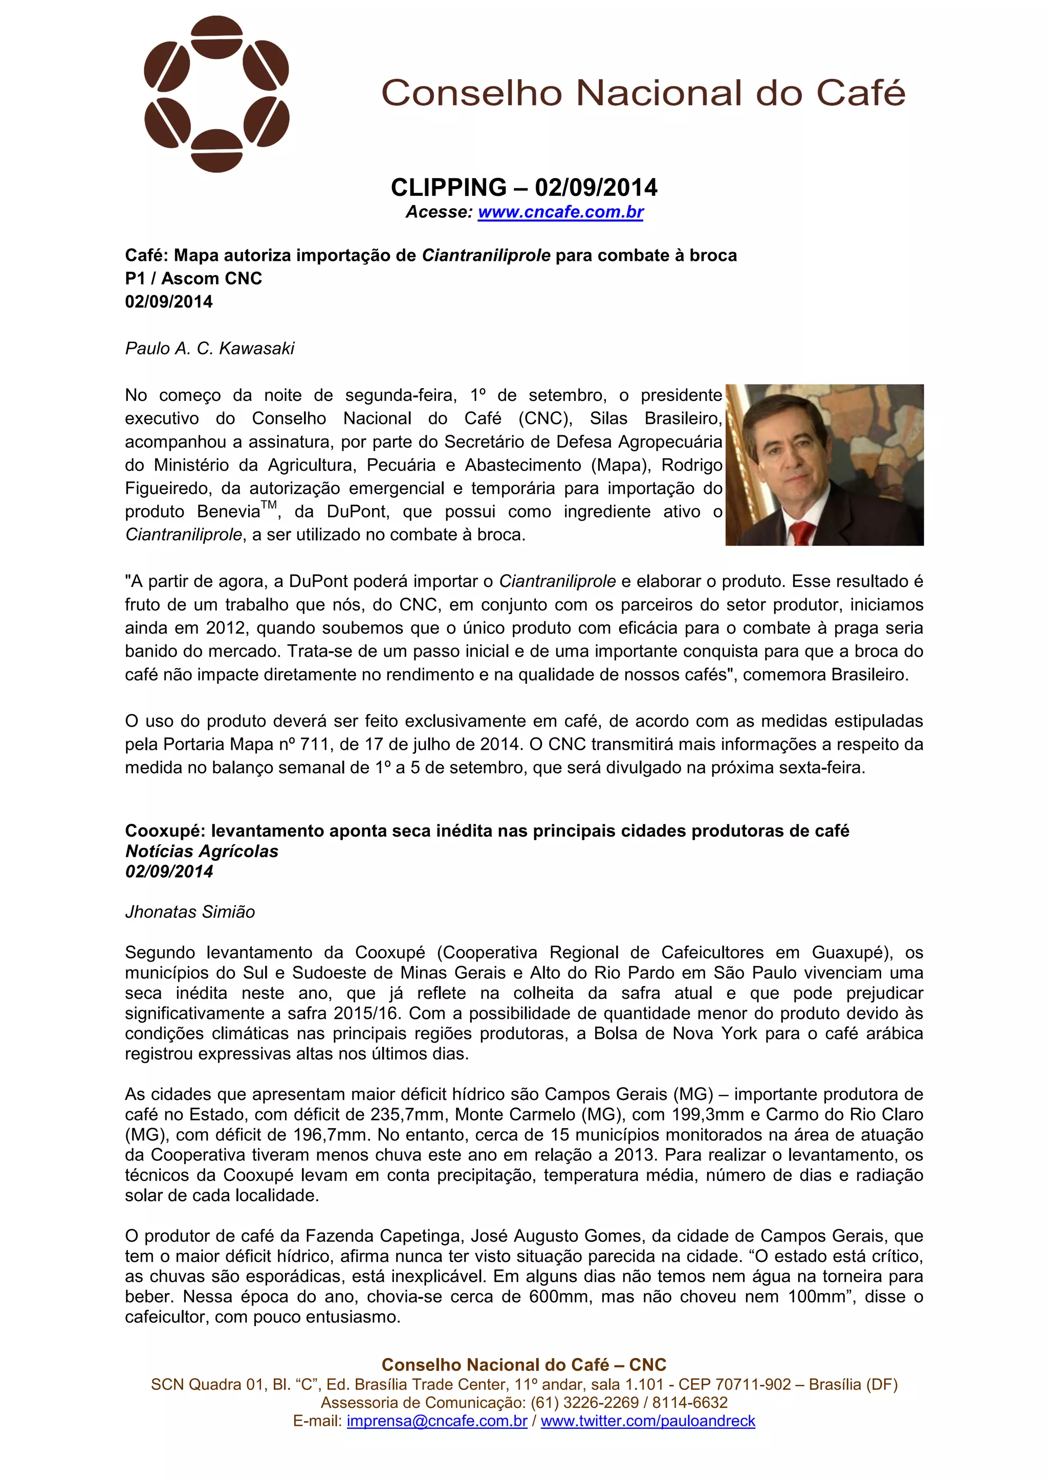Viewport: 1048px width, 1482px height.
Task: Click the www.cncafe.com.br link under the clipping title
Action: point(560,212)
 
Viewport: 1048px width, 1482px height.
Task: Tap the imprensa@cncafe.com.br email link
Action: point(436,1421)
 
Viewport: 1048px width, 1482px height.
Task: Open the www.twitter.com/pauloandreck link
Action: point(648,1421)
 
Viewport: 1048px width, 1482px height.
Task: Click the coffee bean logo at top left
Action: point(216,94)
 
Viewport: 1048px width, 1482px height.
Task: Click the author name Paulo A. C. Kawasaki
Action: point(209,349)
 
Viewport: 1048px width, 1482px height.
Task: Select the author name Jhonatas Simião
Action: point(190,912)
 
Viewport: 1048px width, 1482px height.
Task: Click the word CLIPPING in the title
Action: point(448,188)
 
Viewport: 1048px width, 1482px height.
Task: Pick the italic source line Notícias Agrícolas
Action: point(202,851)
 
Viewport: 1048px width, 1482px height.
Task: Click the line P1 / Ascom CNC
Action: point(193,278)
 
